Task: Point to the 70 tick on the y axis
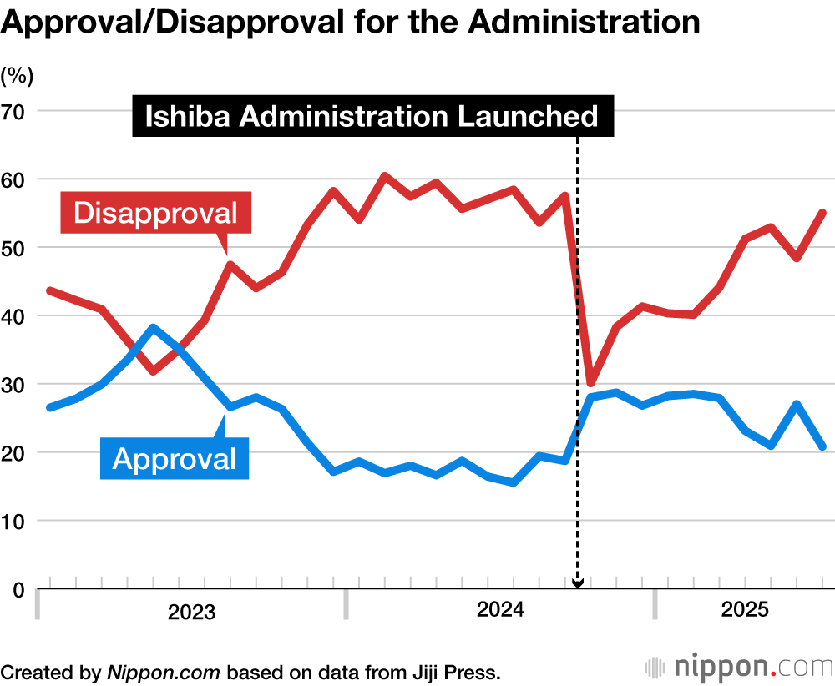[16, 111]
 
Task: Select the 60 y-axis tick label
[16, 179]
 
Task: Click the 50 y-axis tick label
[16, 248]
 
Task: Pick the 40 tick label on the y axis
[16, 316]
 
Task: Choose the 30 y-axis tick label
[16, 385]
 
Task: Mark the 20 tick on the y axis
[16, 453]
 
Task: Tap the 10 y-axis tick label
[16, 522]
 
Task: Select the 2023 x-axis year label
[191, 613]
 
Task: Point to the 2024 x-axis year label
[500, 611]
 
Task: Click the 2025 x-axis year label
[744, 611]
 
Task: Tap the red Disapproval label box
[155, 213]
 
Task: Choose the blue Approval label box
[175, 458]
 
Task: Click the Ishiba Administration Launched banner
[372, 116]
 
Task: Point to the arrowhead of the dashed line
[577, 583]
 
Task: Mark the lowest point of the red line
[590, 383]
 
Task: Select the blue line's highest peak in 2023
[153, 327]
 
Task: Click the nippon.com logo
[738, 668]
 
